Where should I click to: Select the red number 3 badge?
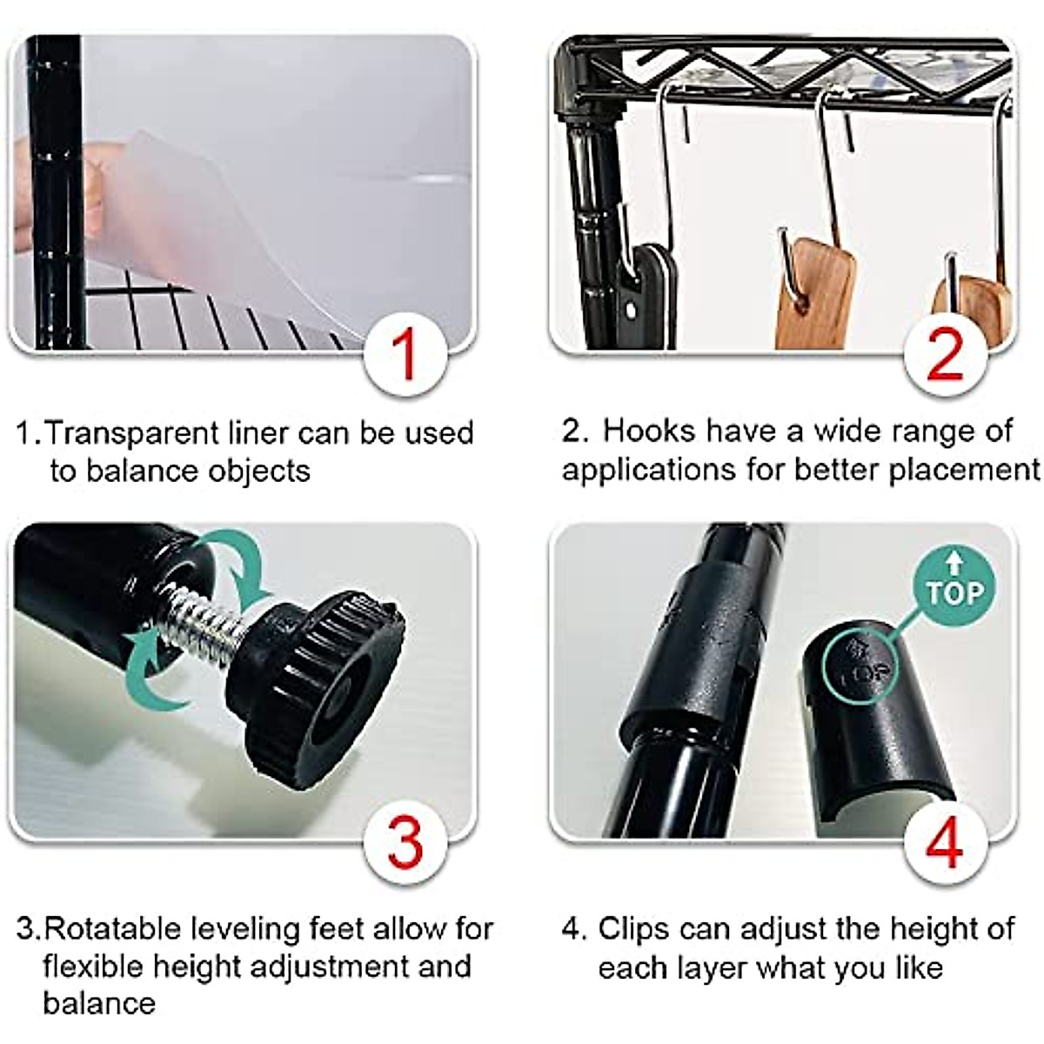[x=405, y=842]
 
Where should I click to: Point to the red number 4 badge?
[x=946, y=842]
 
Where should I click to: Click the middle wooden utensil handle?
[x=813, y=296]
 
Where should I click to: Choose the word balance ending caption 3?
[x=99, y=1003]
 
